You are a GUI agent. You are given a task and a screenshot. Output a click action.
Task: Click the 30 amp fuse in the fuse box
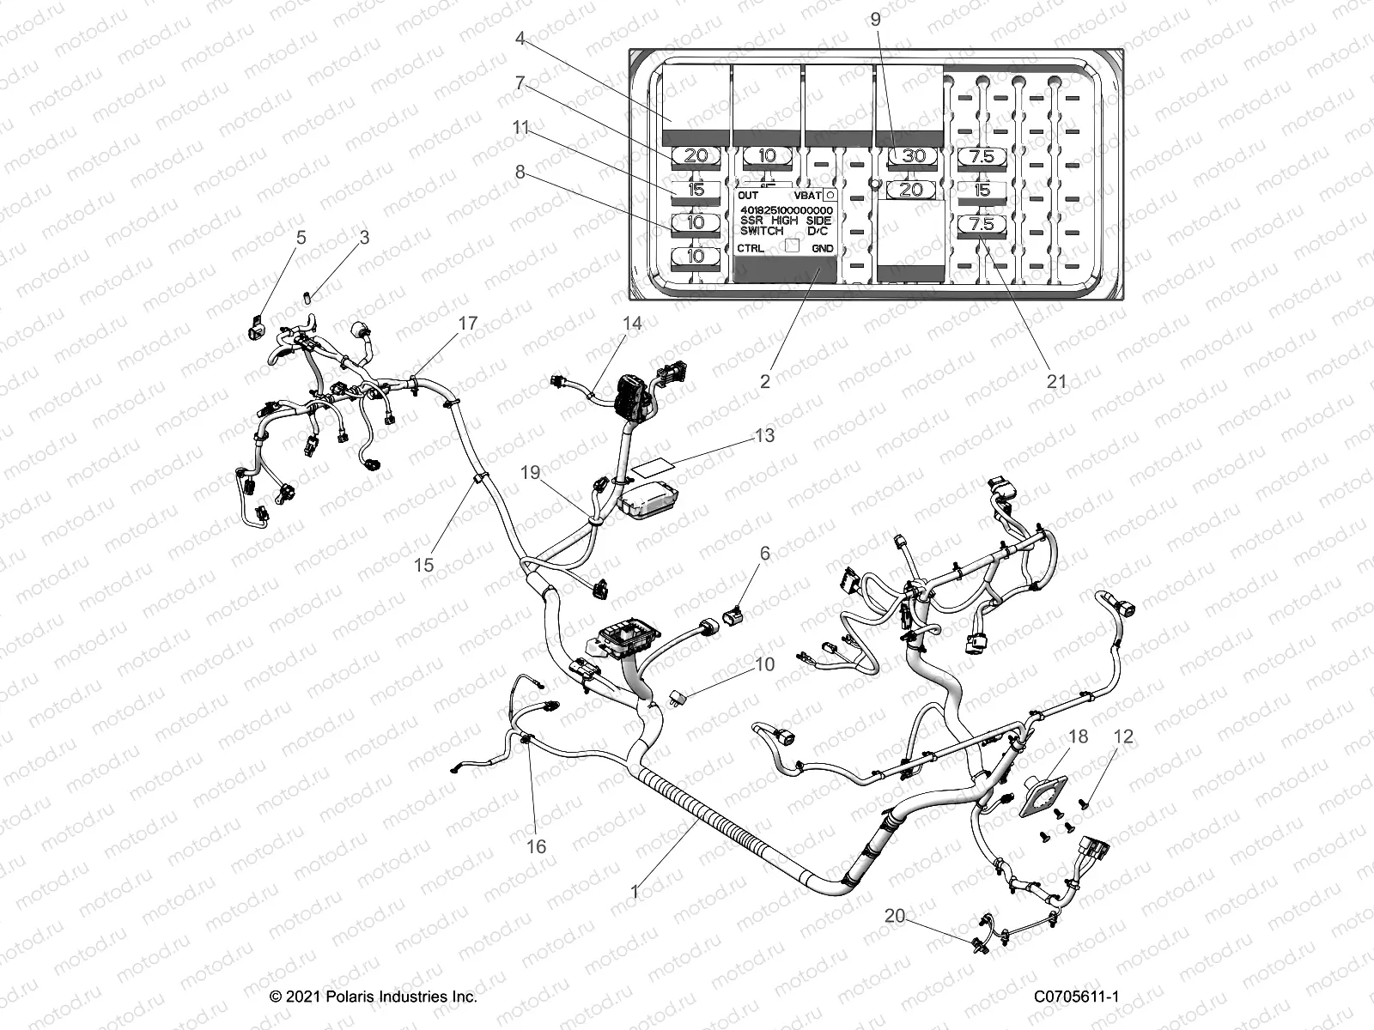[x=910, y=156]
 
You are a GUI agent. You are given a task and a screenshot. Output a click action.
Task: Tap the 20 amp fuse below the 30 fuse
[x=910, y=189]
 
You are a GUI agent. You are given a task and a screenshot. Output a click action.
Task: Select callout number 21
[x=1056, y=381]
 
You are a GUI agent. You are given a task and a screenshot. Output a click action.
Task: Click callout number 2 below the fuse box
[x=765, y=381]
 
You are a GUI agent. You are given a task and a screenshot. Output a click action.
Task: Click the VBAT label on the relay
[x=807, y=196]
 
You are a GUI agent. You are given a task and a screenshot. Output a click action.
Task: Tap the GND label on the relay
[x=822, y=248]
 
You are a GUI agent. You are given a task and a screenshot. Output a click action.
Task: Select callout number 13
[x=764, y=435]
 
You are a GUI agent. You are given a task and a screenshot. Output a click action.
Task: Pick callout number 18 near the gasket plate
[x=1078, y=736]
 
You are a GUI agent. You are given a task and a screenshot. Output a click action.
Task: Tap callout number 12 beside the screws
[x=1123, y=736]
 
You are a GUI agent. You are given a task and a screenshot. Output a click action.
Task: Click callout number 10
[x=764, y=663]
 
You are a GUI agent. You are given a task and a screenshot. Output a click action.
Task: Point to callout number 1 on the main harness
[x=635, y=893]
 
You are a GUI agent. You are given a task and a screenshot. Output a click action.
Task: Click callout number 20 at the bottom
[x=895, y=916]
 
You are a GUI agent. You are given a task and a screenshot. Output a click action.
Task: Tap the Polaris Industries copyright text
[x=374, y=997]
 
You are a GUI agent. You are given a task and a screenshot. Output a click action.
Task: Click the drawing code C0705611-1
[x=1076, y=997]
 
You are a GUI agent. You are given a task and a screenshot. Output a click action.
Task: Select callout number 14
[x=632, y=324]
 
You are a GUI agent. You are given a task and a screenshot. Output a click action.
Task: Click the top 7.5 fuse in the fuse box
[x=982, y=156]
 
